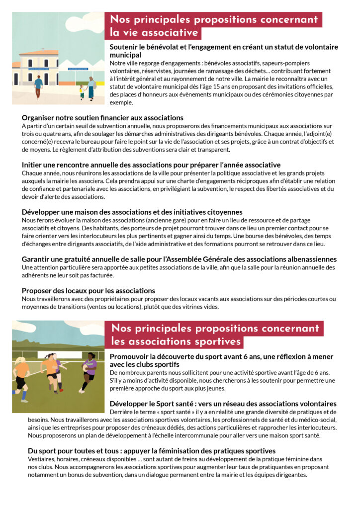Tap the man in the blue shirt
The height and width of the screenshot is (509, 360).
[x=38, y=86]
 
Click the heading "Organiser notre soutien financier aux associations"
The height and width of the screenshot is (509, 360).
[x=102, y=118]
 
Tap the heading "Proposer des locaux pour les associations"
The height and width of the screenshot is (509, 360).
[x=89, y=290]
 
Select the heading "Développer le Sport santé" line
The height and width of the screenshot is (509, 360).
[x=223, y=404]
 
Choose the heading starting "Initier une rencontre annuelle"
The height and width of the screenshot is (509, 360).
[x=151, y=165]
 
